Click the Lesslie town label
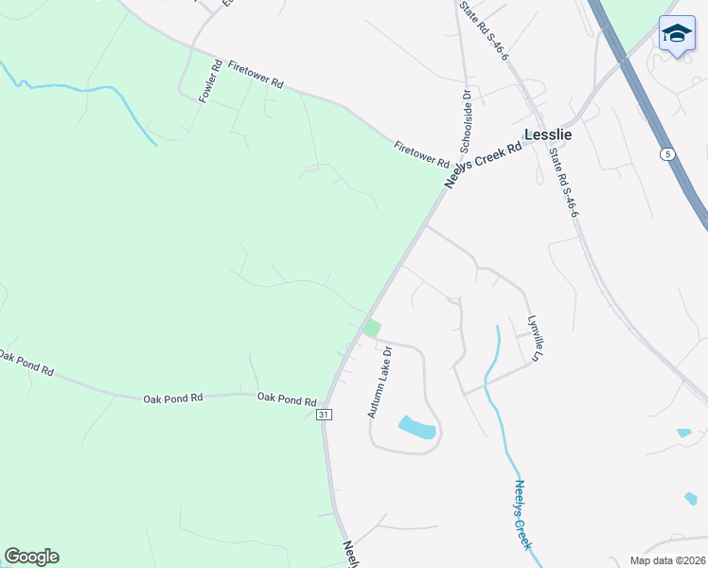[548, 134]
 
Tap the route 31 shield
[324, 415]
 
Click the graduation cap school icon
[677, 34]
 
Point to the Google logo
[31, 557]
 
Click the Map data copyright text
[668, 560]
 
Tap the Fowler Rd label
[210, 80]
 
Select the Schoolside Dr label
[466, 121]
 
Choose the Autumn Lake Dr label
[381, 382]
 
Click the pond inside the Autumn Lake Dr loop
[417, 428]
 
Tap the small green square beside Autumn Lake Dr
[372, 328]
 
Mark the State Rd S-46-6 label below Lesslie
[563, 188]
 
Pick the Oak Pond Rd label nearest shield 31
[286, 399]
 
